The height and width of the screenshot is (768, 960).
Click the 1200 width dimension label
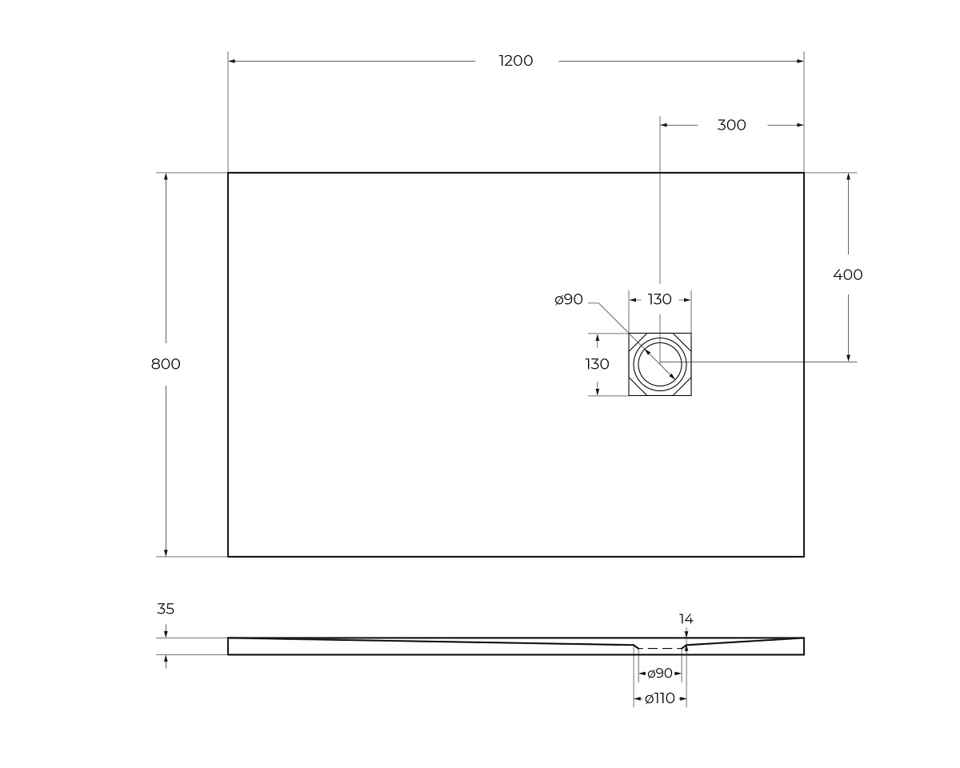pos(515,61)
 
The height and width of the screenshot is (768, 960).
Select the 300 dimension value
pos(731,125)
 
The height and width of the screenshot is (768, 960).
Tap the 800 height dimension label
pos(166,364)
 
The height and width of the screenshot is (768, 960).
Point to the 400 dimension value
pos(848,274)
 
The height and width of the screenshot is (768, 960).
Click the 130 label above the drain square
pos(659,299)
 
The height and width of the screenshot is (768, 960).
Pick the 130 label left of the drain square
pos(598,364)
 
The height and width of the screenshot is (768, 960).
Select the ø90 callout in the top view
pos(569,299)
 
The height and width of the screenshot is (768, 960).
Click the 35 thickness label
pos(166,609)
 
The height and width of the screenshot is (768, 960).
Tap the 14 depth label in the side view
pos(686,618)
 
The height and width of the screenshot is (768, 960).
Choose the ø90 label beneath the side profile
pos(660,674)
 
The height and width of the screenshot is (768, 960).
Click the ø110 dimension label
pos(660,698)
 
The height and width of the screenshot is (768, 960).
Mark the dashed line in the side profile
pos(660,648)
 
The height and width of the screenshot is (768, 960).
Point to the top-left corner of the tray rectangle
pos(228,173)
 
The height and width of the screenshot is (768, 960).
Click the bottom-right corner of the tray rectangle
pos(803,556)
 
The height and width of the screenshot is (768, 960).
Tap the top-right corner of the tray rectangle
pos(803,173)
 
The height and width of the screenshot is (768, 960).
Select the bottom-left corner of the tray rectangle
pos(228,556)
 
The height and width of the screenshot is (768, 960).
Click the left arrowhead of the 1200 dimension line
pos(232,61)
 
